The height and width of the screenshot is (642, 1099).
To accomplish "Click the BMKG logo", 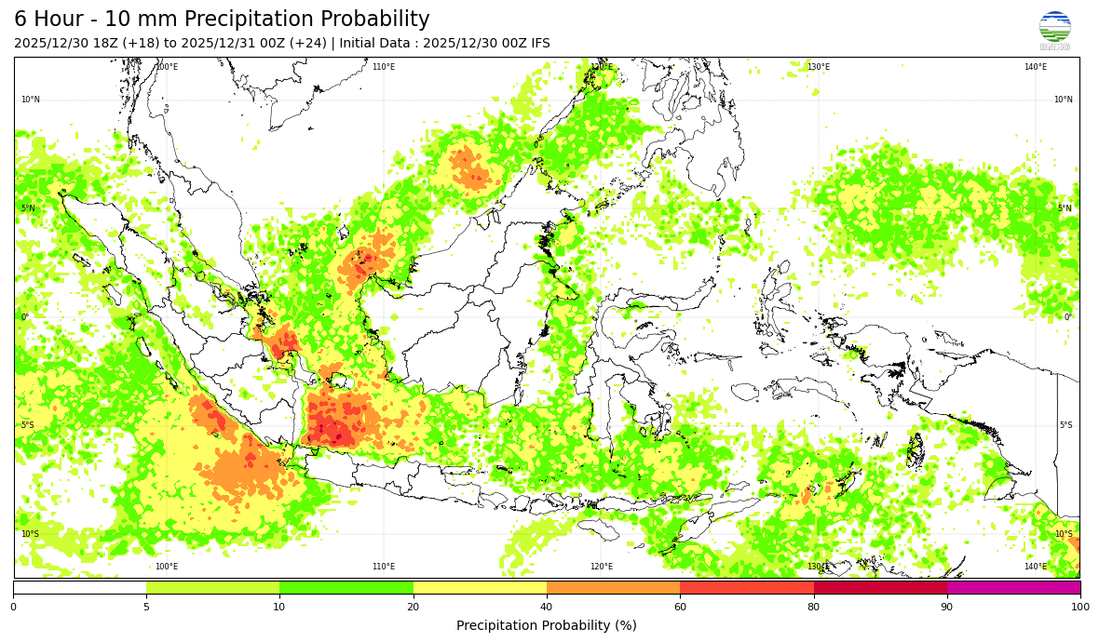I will [1054, 30].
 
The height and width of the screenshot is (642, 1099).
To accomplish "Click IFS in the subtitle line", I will [539, 43].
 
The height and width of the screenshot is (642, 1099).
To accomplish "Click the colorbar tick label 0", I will [13, 608].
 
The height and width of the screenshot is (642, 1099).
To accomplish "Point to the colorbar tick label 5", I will [146, 608].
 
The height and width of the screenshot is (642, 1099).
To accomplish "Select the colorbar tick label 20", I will [414, 608].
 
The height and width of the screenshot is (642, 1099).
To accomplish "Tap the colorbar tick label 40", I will [547, 608].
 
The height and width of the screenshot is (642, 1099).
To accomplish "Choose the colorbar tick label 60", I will [680, 608].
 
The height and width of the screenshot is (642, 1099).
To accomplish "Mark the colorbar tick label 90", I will [947, 608].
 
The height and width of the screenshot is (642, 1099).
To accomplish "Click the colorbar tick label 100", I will [1079, 608].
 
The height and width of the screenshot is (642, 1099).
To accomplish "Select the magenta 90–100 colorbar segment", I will [1013, 588].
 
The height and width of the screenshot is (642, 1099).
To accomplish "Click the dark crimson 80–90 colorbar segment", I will [880, 588].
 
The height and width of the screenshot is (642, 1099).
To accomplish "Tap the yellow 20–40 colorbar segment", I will [480, 588].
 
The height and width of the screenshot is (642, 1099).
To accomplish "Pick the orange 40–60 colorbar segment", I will [613, 588].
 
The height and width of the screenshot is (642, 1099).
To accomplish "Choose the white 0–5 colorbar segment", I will [79, 588].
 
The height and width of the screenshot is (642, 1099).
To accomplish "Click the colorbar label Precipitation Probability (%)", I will [547, 625].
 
